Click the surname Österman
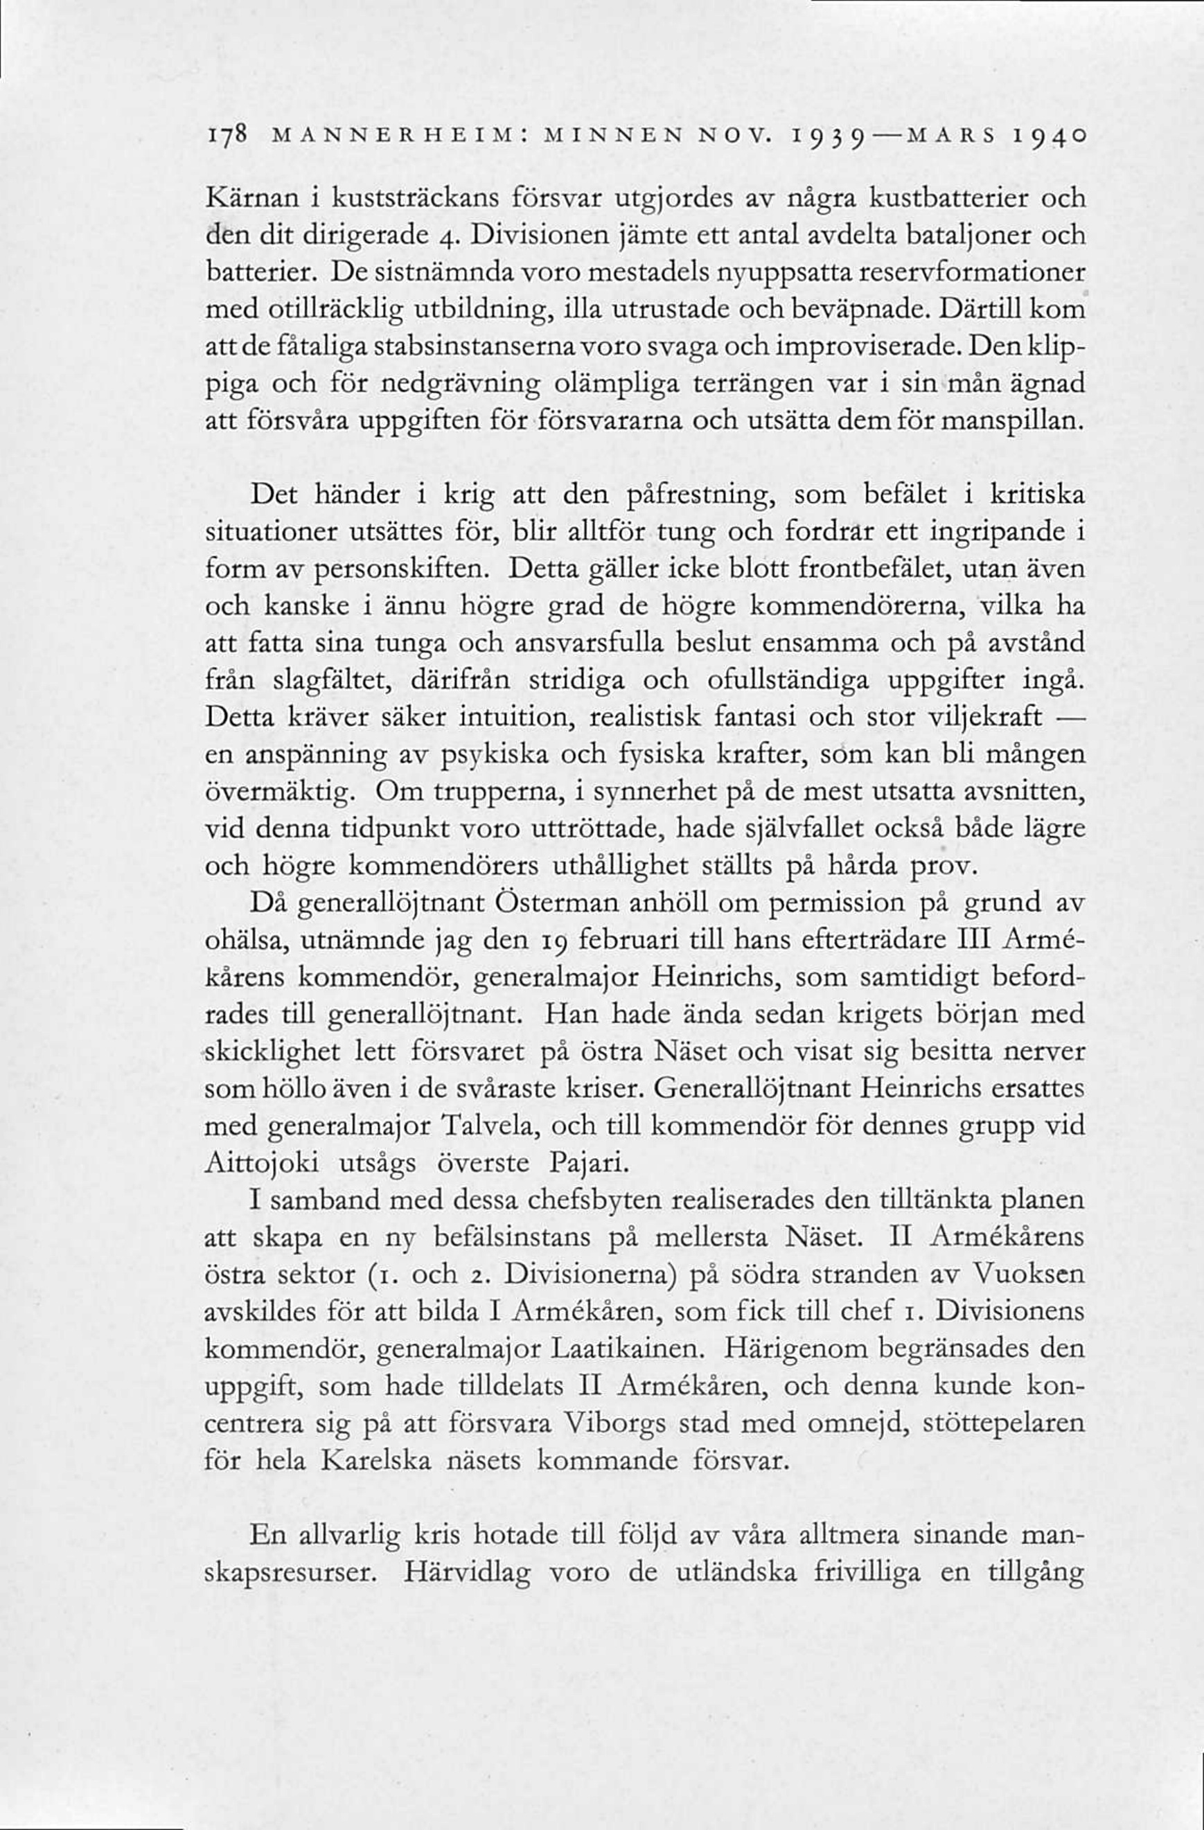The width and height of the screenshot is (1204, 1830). pyautogui.click(x=560, y=904)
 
